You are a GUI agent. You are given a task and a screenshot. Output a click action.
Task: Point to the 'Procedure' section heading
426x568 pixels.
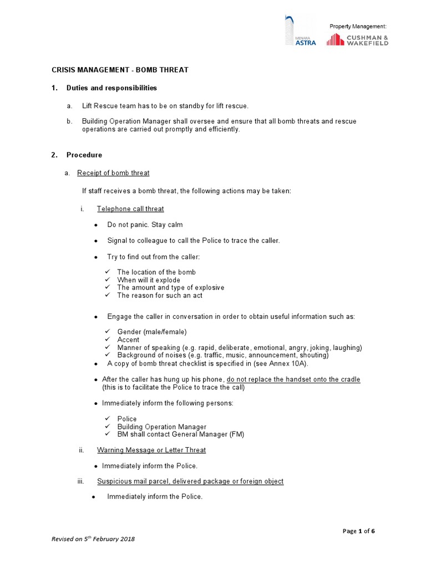[84, 155]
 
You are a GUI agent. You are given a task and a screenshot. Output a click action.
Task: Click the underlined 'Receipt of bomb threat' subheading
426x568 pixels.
[113, 173]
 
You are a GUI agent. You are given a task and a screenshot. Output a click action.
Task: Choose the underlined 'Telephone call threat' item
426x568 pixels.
[130, 209]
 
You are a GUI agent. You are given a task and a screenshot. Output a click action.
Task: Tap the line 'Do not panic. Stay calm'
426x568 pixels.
[145, 225]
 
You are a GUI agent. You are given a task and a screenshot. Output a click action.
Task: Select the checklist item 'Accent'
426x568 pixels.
[128, 339]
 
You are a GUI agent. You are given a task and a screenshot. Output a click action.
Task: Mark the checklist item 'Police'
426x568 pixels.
[127, 419]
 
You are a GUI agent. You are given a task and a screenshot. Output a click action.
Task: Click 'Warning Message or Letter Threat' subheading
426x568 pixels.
[151, 450]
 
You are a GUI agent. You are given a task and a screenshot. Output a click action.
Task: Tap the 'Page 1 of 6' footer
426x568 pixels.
[359, 531]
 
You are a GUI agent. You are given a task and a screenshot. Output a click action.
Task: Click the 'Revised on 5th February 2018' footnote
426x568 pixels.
[93, 539]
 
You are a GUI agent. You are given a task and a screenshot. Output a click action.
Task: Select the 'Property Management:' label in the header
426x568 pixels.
[358, 27]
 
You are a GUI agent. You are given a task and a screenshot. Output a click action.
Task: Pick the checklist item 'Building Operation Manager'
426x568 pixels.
[161, 427]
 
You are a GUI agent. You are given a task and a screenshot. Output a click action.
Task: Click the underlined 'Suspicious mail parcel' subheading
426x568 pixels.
[190, 481]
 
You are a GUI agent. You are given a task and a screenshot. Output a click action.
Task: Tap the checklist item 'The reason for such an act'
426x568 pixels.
[160, 296]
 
